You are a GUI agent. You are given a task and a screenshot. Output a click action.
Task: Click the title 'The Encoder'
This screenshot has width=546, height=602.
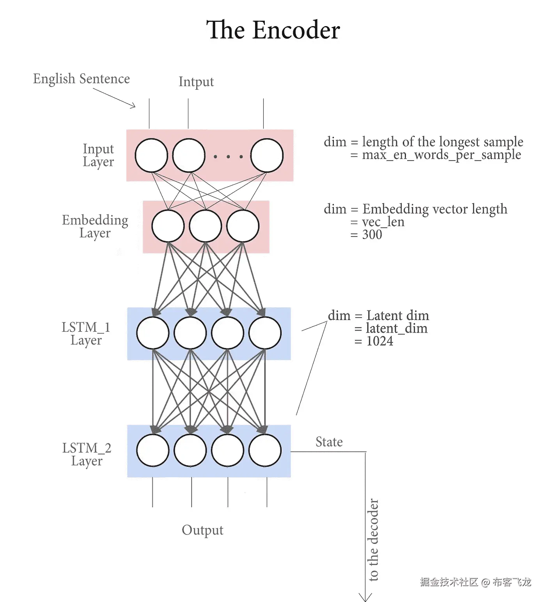pos(273,30)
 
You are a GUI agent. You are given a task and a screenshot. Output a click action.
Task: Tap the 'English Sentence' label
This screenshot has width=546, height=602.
pos(82,79)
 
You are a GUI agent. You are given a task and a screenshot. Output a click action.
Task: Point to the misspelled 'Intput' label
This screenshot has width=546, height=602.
pos(196,82)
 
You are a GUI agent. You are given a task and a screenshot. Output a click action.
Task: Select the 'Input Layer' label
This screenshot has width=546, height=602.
pos(98,155)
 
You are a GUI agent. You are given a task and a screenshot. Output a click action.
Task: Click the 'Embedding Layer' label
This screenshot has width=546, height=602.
pos(95,226)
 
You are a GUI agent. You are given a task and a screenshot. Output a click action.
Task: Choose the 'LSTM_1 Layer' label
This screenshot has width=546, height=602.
pos(86,333)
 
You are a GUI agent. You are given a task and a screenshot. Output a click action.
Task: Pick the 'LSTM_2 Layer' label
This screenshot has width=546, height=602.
pos(87,454)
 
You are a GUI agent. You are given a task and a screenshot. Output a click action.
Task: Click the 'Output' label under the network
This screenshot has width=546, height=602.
pos(202,530)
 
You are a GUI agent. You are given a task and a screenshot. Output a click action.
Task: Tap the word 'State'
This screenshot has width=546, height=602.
pos(329,442)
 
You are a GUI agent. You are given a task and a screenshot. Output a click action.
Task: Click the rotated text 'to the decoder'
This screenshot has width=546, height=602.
pos(373,540)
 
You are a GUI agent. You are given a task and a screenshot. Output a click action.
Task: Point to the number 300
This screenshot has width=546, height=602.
pos(372,235)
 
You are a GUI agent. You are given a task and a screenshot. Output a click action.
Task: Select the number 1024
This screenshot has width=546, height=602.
pos(379,341)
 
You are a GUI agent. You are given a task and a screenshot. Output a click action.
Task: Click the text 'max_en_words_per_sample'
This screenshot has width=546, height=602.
pos(441,155)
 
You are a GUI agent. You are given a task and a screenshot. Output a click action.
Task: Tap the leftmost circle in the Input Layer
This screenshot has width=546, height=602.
pos(151,156)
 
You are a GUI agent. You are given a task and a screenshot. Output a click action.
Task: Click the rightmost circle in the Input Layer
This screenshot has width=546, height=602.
pos(267,156)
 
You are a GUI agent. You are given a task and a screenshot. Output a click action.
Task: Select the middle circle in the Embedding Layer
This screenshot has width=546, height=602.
pos(206,226)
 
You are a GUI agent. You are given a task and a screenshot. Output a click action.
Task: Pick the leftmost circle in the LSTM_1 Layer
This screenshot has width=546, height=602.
pos(153,333)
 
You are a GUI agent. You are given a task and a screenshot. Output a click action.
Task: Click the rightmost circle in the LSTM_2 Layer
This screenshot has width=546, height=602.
pos(265,450)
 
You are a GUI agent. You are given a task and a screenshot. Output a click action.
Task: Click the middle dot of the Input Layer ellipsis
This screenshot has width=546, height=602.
pos(228,157)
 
